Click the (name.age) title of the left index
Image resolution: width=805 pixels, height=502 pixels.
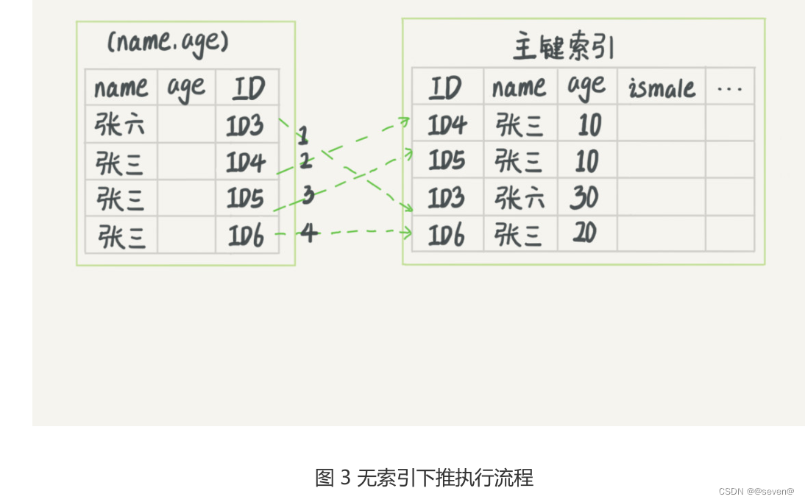coord(168,42)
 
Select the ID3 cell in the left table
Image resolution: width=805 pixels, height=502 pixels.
coord(246,125)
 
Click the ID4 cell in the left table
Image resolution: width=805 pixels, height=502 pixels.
coord(246,162)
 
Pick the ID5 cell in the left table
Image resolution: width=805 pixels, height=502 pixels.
coord(246,198)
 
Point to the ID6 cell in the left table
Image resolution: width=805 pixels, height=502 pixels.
coord(246,235)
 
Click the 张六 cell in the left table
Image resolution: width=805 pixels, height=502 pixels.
coord(120,125)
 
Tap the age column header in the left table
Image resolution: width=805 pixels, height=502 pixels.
coord(185,88)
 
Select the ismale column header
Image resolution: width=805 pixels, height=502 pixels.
coord(662,88)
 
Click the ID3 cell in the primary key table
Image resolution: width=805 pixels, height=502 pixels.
coord(447,198)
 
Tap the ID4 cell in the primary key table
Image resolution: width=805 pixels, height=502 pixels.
coord(447,125)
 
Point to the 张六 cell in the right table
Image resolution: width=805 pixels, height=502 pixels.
coord(519,198)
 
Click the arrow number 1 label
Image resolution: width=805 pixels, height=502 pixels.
coord(303,135)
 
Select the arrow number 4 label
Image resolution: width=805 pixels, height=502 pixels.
coord(309,233)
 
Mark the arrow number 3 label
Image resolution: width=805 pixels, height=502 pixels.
coord(308,195)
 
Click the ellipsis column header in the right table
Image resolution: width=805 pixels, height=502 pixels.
coord(729,88)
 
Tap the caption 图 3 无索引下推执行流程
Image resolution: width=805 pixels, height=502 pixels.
coord(424,478)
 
